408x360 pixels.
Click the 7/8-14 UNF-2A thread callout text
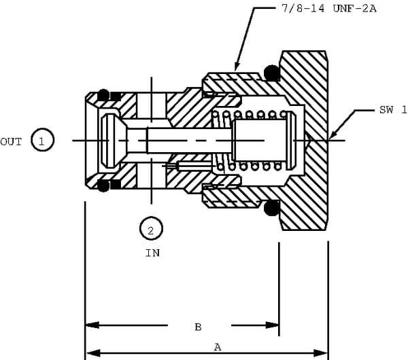point(329,9)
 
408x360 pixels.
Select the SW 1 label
point(393,109)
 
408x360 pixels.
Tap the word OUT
point(11,142)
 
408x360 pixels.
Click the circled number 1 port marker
point(42,140)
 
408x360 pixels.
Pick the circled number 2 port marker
point(151,228)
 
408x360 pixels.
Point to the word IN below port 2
point(152,253)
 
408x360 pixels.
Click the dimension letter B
point(198,327)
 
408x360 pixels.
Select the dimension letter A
point(218,347)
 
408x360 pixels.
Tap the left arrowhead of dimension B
point(92,325)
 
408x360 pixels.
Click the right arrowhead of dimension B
point(272,325)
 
